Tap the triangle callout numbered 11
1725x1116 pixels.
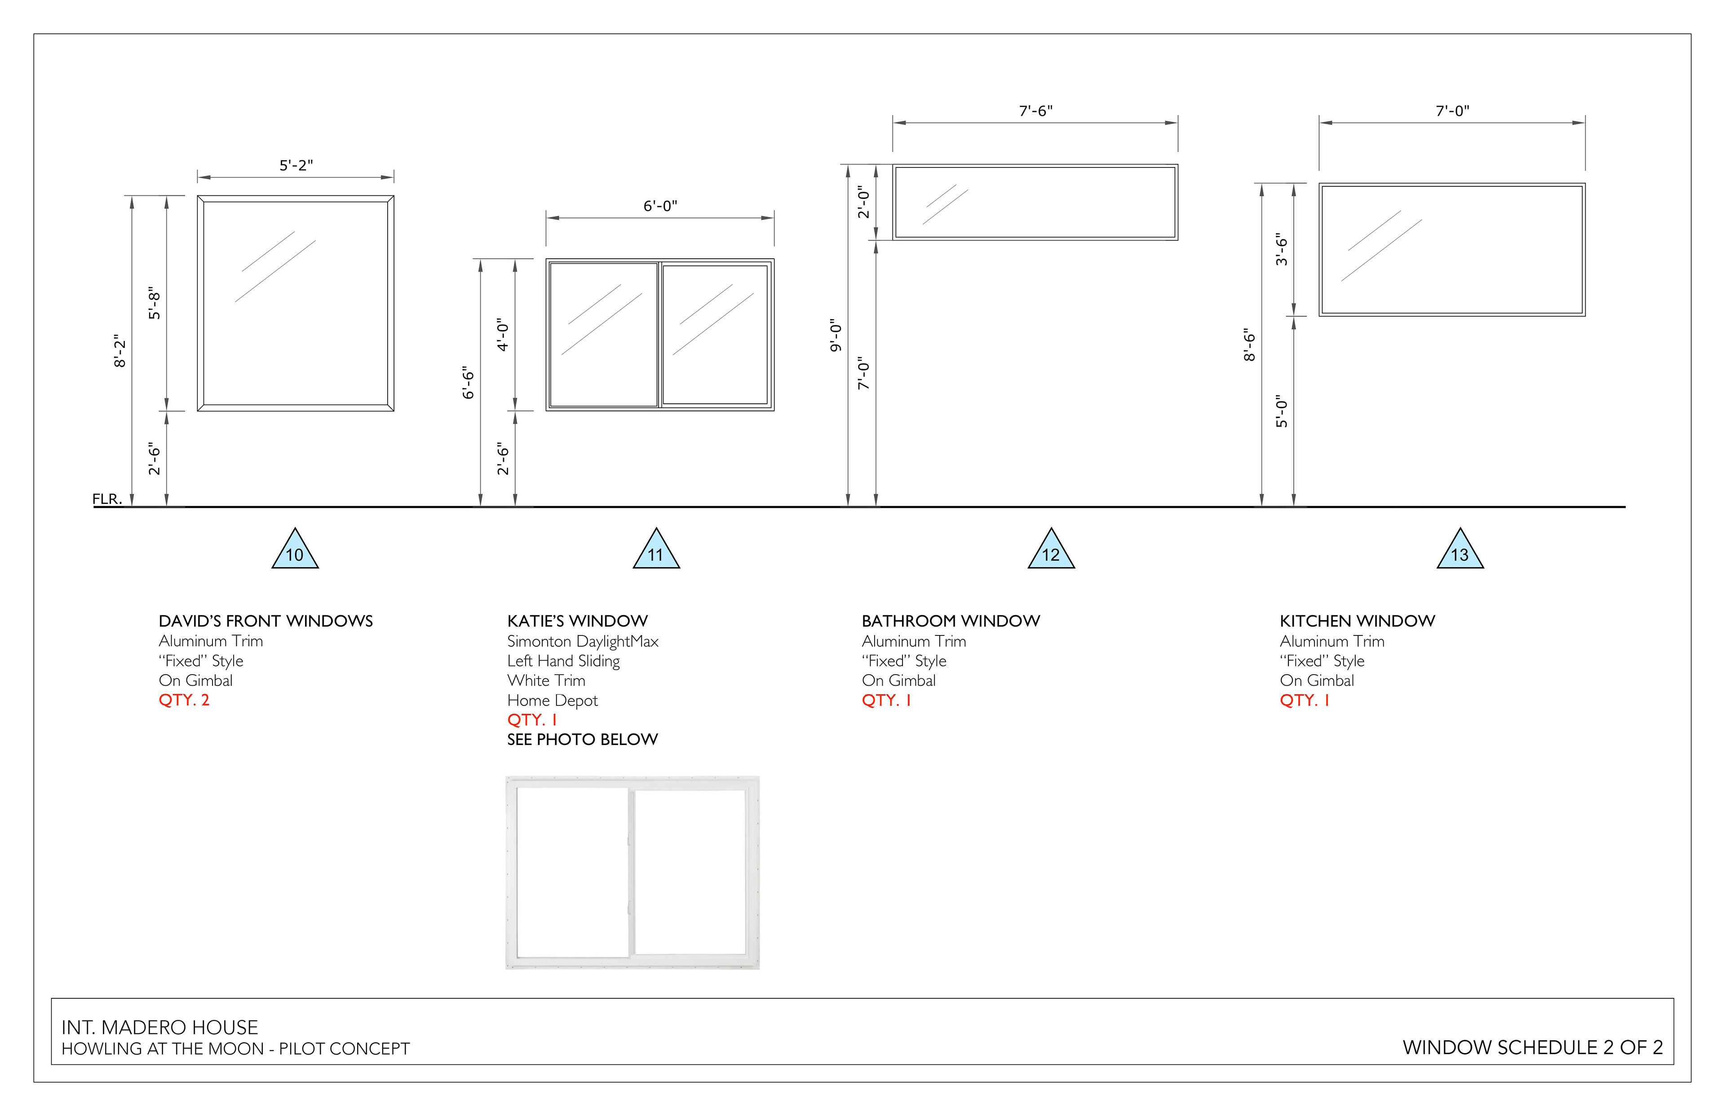tap(656, 552)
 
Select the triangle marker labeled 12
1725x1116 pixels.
tap(1051, 552)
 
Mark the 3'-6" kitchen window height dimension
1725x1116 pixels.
tap(1282, 249)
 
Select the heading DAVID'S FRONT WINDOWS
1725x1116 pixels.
tap(265, 621)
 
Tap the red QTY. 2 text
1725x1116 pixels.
tap(184, 700)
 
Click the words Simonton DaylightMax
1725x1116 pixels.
tap(583, 641)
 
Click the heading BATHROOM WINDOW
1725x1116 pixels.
tap(950, 621)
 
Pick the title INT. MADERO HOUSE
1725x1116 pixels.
tap(159, 1028)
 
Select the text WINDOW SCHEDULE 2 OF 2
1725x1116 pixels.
tap(1532, 1048)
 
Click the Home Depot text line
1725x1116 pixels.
tap(552, 701)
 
